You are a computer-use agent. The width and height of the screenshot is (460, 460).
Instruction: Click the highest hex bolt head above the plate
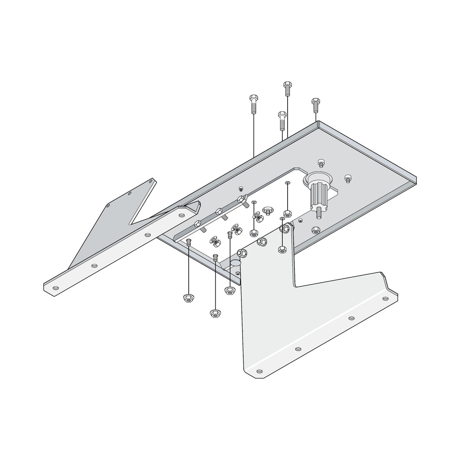287,84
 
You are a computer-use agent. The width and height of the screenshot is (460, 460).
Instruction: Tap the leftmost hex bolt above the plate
253,99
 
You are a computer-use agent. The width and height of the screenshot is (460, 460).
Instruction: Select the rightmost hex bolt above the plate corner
315,102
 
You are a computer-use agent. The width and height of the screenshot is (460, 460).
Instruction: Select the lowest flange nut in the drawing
215,313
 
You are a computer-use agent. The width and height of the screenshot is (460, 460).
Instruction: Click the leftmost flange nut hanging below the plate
187,298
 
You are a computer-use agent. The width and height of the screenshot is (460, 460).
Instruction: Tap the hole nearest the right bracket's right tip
386,298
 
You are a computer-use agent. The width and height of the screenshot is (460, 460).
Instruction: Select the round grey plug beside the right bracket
235,262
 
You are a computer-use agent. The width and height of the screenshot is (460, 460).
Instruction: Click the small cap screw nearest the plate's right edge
347,178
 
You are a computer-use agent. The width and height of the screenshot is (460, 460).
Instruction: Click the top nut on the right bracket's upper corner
285,228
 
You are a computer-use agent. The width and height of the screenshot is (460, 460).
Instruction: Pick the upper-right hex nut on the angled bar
240,199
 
